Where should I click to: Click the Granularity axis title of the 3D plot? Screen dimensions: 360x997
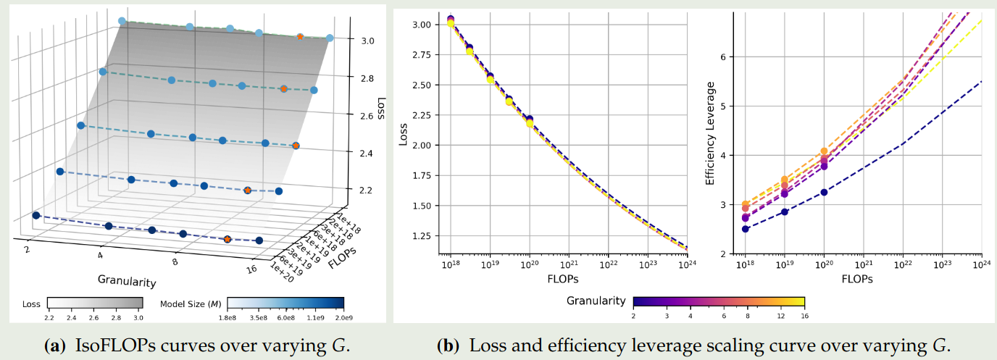coord(128,279)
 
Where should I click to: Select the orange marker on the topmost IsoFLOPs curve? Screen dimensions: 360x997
coord(300,37)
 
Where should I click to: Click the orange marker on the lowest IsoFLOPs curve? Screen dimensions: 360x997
coord(227,238)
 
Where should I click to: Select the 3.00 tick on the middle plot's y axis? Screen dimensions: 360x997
coord(422,25)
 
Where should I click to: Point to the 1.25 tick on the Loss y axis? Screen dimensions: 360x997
coord(422,236)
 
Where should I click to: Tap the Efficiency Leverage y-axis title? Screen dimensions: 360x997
coord(711,134)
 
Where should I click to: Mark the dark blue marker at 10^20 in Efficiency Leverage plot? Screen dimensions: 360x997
coord(824,192)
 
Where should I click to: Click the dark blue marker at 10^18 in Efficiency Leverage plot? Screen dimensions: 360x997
coord(745,229)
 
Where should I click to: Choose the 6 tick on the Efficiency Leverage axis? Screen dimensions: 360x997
coord(732,56)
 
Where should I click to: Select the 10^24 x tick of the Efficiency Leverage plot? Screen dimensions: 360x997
coord(981,266)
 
